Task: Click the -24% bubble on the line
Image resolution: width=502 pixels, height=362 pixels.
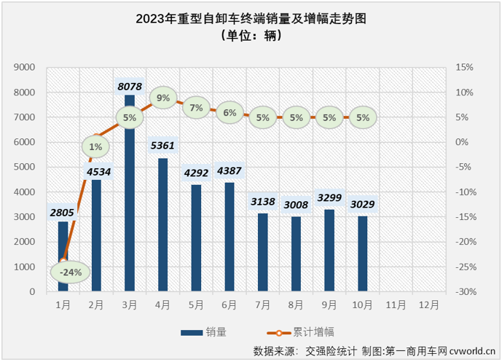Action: [71, 272]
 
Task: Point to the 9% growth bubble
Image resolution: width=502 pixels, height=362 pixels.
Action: [163, 98]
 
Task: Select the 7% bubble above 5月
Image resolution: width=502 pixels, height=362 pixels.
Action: [196, 108]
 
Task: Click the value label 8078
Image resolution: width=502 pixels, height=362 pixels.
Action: [130, 86]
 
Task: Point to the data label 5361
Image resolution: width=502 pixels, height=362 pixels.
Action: [163, 145]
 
